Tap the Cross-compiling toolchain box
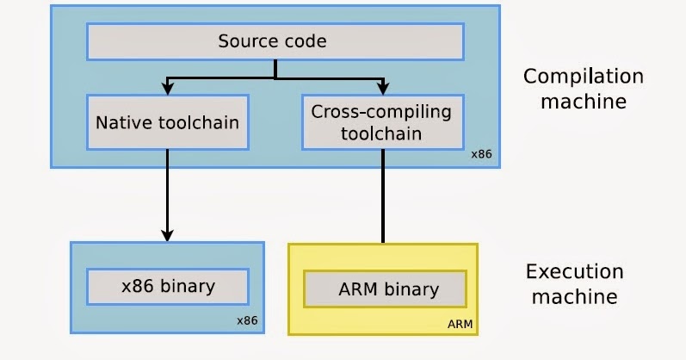click(x=381, y=122)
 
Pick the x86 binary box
click(x=167, y=286)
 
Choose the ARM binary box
click(x=382, y=289)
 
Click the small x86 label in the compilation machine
click(x=480, y=155)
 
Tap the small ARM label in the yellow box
click(x=460, y=324)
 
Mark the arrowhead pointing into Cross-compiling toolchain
click(x=382, y=87)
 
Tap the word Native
click(x=122, y=122)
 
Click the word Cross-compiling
click(x=381, y=112)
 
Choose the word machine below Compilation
click(x=583, y=101)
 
